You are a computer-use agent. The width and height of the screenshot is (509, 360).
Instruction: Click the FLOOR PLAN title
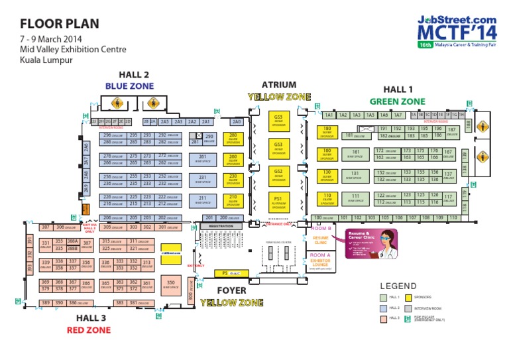point(60,24)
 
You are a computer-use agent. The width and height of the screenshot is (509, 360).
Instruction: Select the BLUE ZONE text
point(129,86)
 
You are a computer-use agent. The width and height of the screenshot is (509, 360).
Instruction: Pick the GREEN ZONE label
point(398,101)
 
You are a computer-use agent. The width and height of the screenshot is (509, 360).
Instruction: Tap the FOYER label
point(231,290)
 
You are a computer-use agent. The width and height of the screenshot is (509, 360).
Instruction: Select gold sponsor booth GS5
point(278,119)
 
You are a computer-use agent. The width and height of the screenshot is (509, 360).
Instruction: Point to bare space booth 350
point(171,284)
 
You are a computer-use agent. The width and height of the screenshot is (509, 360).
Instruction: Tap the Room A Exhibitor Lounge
point(321,262)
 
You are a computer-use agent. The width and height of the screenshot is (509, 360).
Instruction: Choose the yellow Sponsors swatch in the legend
point(409,298)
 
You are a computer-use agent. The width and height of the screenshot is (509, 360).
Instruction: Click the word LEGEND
point(398,286)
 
